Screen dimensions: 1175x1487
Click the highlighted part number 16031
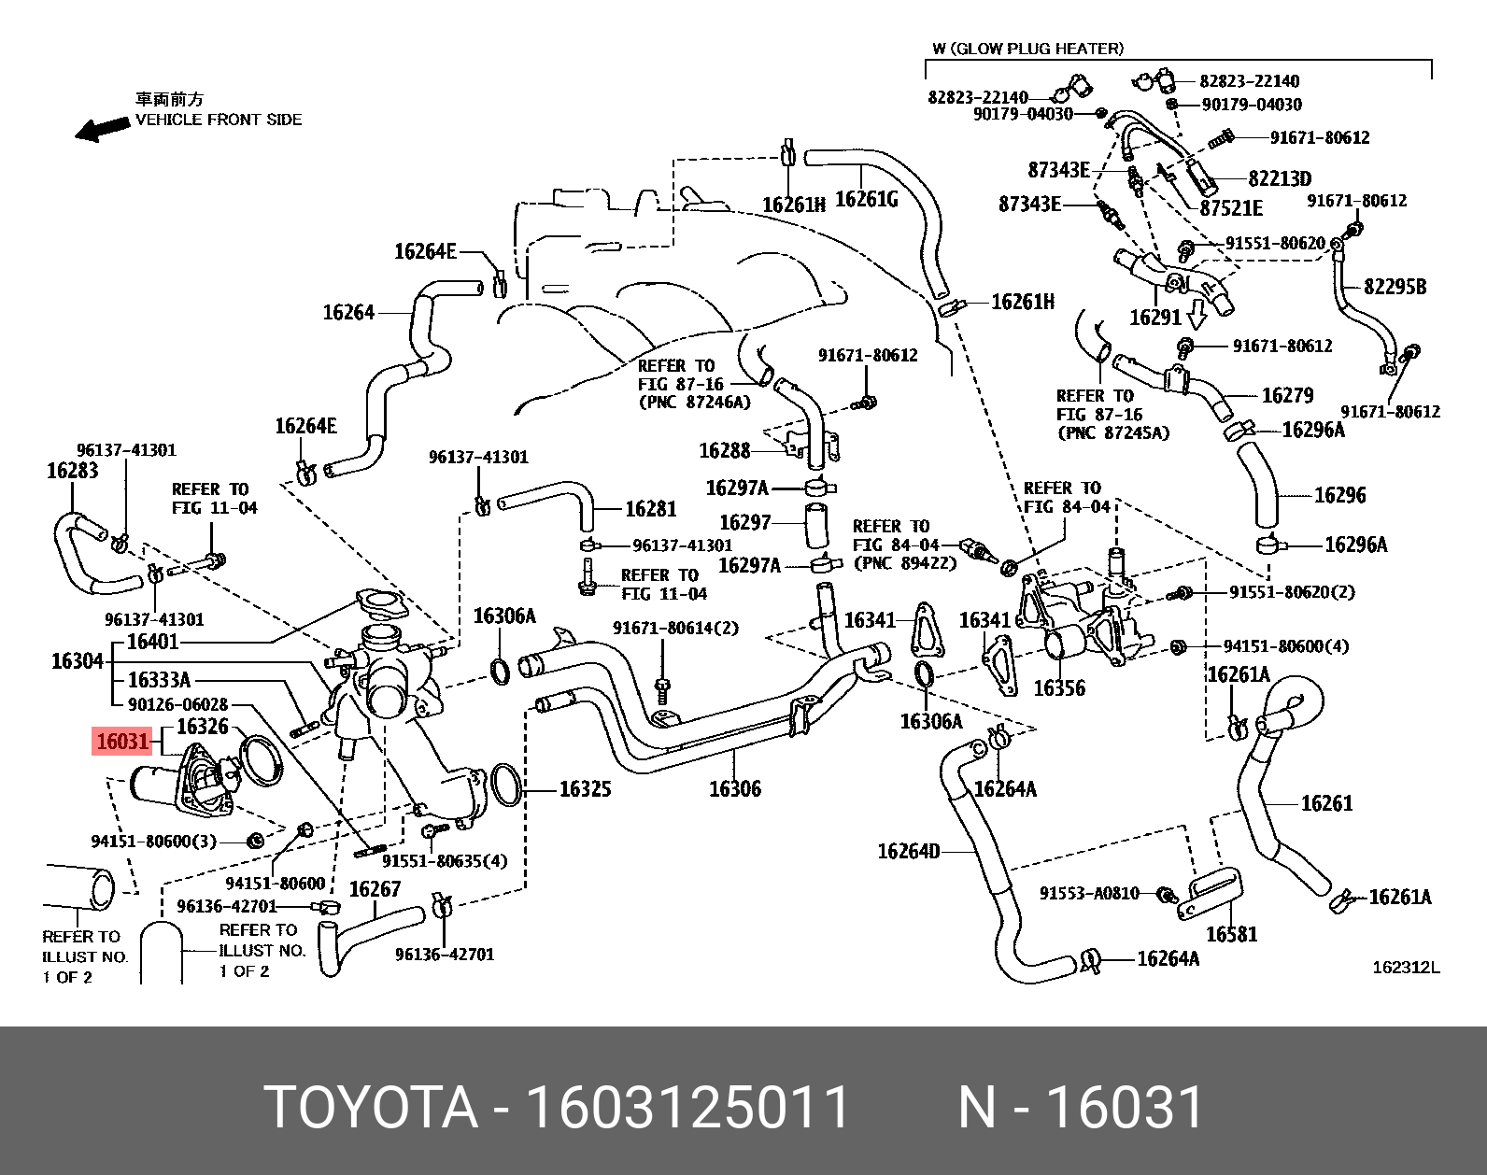click(x=122, y=742)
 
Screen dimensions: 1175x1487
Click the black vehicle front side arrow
click(x=102, y=129)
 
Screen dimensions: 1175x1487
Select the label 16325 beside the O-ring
click(x=585, y=789)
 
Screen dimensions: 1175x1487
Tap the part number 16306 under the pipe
click(x=734, y=789)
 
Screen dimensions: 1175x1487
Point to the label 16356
click(x=1058, y=688)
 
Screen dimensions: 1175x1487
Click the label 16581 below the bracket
click(x=1231, y=934)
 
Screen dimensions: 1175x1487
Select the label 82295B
click(x=1395, y=287)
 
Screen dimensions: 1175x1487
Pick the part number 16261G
click(x=866, y=199)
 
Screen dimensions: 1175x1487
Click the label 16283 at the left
click(x=72, y=471)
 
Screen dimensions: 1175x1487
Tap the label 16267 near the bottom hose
click(x=375, y=889)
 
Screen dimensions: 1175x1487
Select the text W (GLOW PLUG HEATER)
click(x=1027, y=49)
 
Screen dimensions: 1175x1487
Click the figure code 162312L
click(x=1405, y=968)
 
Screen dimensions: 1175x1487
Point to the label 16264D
click(x=908, y=851)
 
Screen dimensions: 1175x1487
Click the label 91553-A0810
click(x=1089, y=893)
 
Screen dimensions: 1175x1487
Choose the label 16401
click(x=152, y=642)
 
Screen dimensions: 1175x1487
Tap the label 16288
click(x=725, y=451)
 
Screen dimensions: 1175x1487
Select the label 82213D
click(x=1280, y=178)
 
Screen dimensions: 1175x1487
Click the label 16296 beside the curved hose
click(x=1339, y=495)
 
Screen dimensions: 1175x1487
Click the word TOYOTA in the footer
click(x=371, y=1108)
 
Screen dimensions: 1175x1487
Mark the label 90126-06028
click(x=177, y=704)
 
